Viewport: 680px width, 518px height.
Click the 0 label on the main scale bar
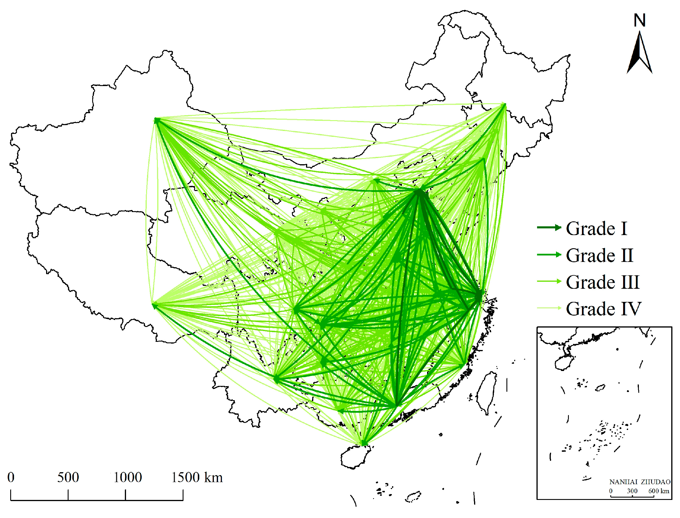(11, 478)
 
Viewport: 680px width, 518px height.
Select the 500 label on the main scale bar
(68, 478)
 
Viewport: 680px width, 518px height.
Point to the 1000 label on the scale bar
(127, 478)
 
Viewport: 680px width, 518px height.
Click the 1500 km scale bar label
(196, 478)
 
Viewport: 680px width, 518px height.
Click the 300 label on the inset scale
(632, 491)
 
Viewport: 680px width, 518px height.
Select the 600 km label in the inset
(658, 491)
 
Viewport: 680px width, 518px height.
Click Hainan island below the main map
(355, 456)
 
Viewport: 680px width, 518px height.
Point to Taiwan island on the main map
(487, 392)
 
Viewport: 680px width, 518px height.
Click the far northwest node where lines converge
(156, 120)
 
